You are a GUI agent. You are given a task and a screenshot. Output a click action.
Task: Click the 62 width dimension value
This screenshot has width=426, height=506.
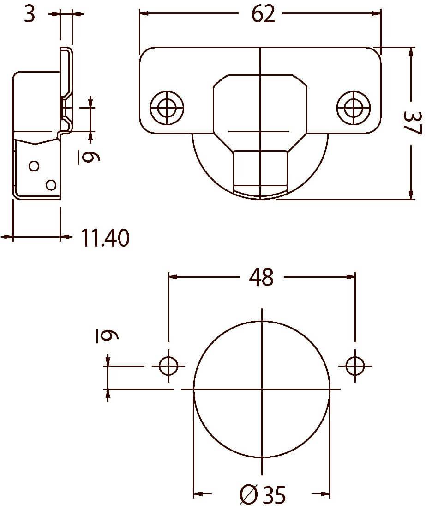263,14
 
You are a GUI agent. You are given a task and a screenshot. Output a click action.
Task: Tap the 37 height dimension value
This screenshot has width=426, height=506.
412,123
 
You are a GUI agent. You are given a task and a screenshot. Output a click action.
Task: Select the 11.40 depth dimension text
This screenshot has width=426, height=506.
105,238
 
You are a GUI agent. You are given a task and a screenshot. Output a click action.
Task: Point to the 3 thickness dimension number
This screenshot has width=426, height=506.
30,14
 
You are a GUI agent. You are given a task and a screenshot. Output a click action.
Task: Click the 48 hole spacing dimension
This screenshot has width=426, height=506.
261,277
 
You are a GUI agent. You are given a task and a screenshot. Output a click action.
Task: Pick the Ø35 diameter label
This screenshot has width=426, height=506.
263,494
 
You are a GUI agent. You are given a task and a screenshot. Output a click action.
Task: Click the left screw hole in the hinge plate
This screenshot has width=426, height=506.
167,108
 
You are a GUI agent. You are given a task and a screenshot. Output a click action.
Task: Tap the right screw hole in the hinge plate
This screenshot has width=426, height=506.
354,108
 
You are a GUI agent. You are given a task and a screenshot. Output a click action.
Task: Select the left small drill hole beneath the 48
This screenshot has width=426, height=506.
168,366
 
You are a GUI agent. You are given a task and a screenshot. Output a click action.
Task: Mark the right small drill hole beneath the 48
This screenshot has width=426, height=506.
355,366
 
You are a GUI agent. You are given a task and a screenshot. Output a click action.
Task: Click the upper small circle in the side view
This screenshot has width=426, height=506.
34,166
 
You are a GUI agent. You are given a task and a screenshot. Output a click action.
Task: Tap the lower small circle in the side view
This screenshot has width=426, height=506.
51,185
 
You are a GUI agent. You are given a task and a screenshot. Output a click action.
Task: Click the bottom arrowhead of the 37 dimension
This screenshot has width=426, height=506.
411,194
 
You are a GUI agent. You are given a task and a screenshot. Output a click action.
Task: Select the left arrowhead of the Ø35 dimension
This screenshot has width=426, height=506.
198,494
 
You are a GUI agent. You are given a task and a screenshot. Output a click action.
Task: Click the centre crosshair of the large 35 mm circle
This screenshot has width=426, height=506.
262,389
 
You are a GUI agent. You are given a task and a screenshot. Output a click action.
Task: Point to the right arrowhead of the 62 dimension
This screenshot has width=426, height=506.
376,13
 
